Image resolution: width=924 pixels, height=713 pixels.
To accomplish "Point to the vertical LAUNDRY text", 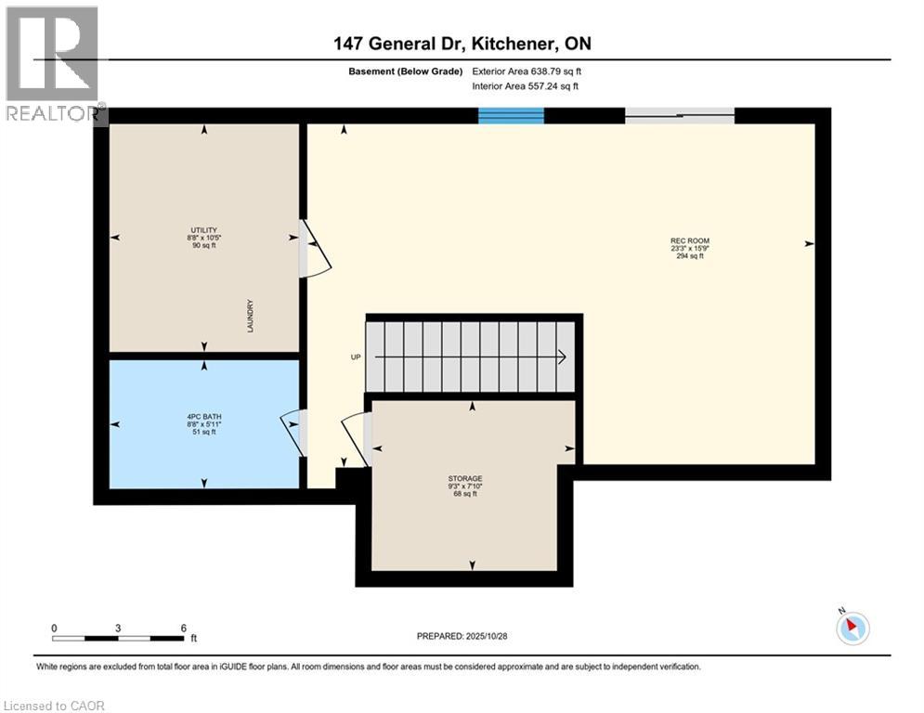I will coord(251,317).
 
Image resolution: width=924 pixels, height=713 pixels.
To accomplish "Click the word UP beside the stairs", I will coord(355,356).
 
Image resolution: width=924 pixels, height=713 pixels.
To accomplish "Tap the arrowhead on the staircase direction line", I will coord(563,356).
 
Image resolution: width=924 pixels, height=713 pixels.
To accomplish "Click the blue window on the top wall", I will coord(511,115).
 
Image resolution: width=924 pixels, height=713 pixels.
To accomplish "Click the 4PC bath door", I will coord(293,432).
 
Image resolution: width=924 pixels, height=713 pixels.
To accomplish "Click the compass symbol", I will coord(852,629).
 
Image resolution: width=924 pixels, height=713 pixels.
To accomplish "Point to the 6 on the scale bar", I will coord(183,628).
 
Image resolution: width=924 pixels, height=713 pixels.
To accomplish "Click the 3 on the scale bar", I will coord(118,628).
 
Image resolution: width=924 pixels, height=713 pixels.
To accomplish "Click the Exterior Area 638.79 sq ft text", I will coord(527,71).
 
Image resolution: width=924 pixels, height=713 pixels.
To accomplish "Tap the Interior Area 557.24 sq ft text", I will coord(526,86).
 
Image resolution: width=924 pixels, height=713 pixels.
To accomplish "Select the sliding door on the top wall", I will coord(679,115).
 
